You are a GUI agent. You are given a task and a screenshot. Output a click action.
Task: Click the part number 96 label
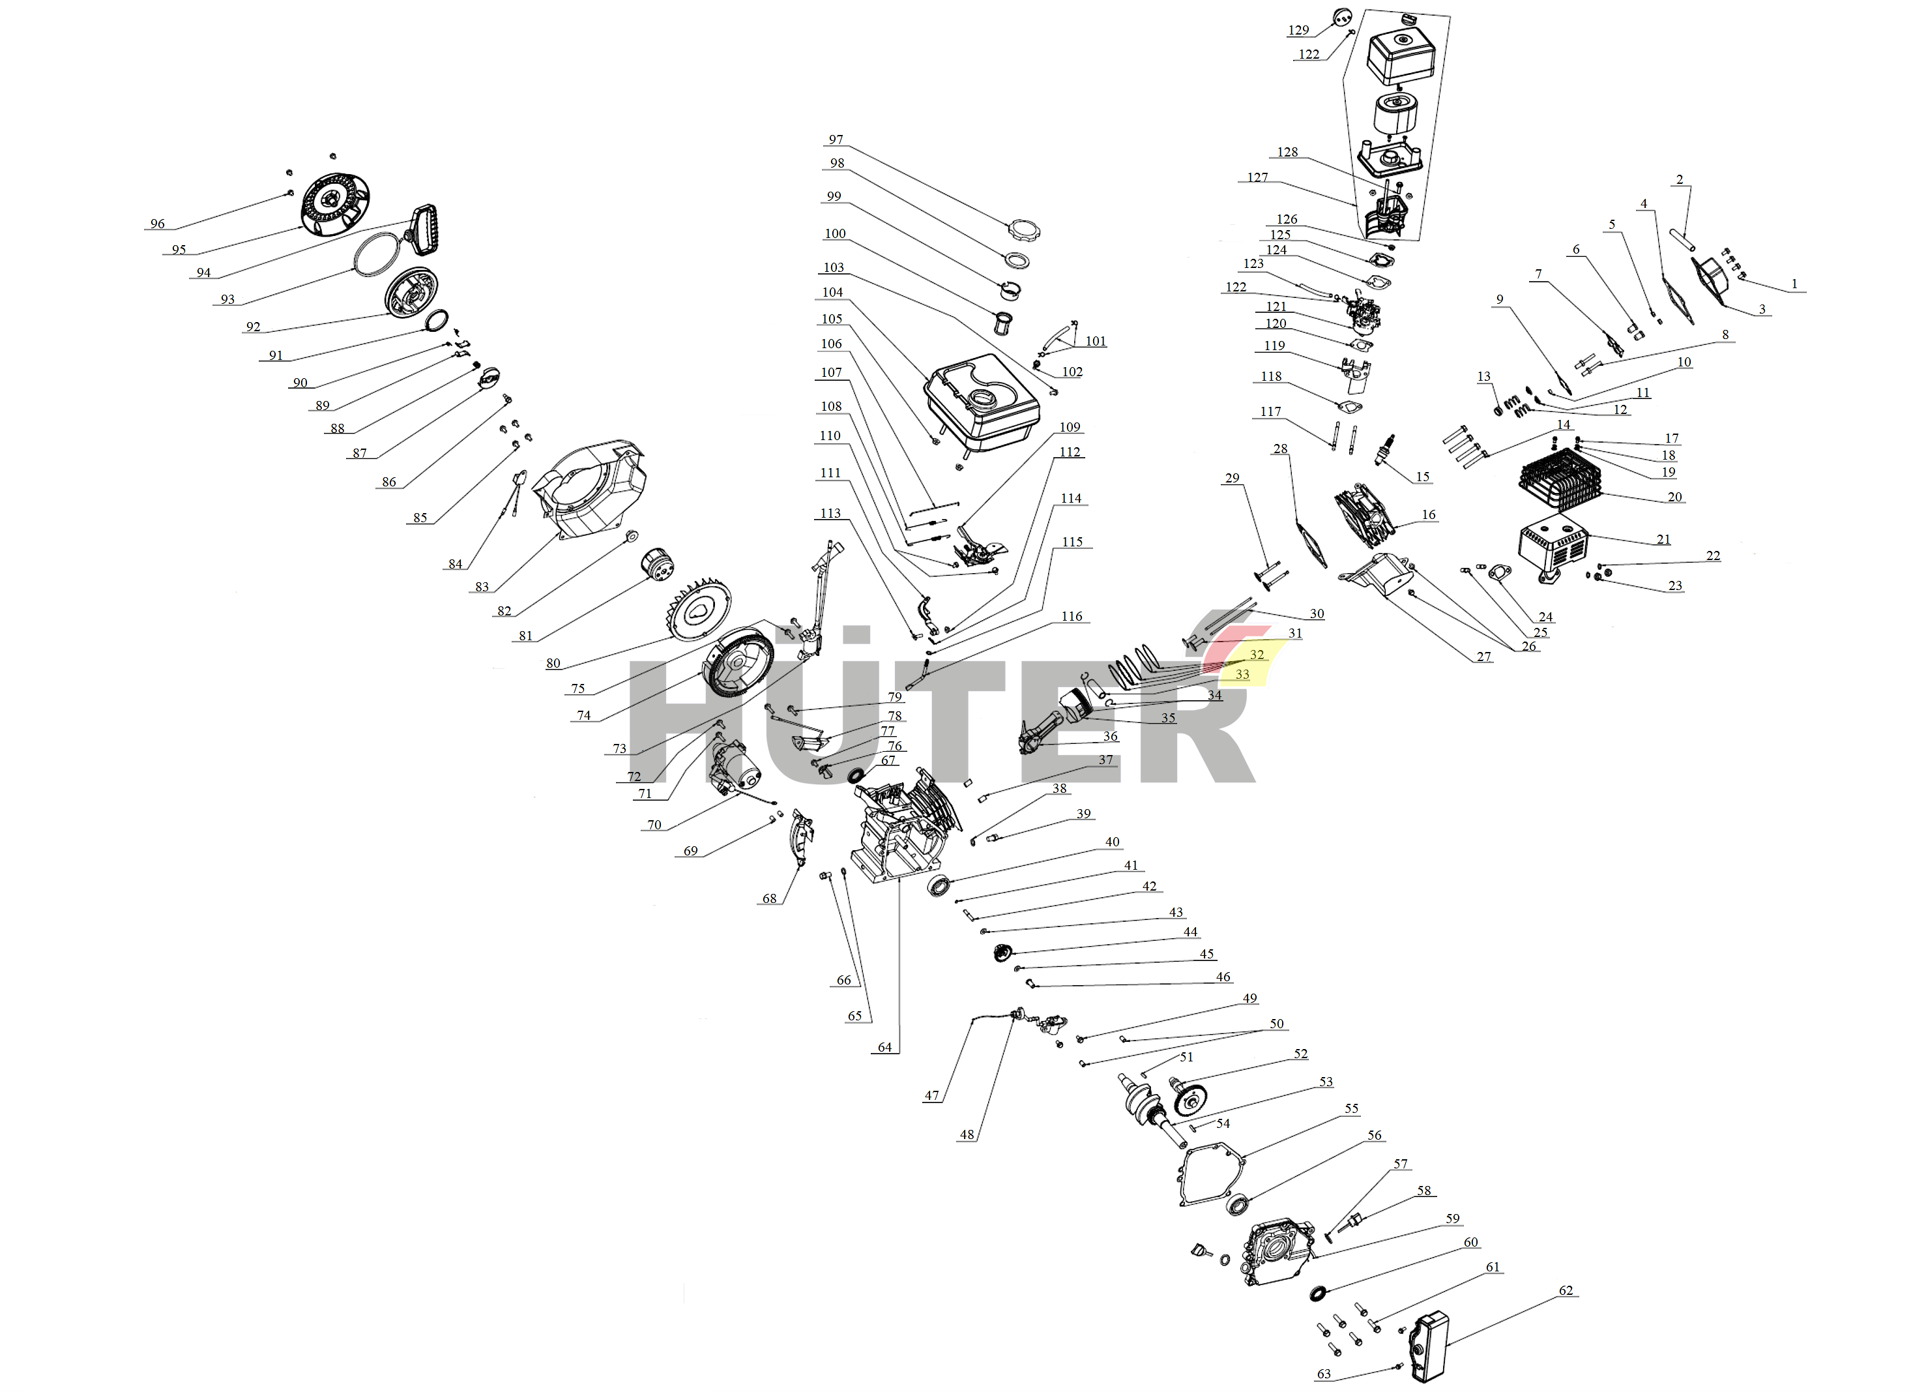coord(157,224)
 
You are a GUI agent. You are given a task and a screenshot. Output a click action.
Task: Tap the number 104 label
coord(832,292)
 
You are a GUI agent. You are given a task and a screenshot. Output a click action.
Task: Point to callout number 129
coord(1298,31)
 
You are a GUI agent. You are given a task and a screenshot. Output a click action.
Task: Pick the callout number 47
coord(931,1095)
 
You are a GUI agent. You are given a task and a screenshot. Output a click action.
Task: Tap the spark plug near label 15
coord(1384,449)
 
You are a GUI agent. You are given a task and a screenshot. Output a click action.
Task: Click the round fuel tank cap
coord(1023,230)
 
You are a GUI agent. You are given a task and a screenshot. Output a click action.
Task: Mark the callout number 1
coord(1794,284)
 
